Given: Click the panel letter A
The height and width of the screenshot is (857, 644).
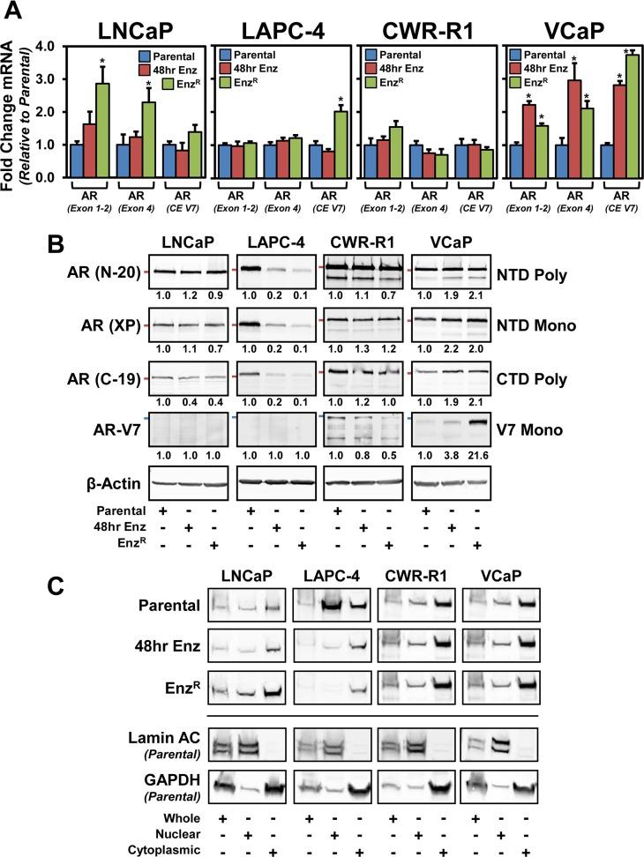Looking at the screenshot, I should (x=14, y=12).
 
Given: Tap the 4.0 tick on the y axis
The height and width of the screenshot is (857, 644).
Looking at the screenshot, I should (x=33, y=46).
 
